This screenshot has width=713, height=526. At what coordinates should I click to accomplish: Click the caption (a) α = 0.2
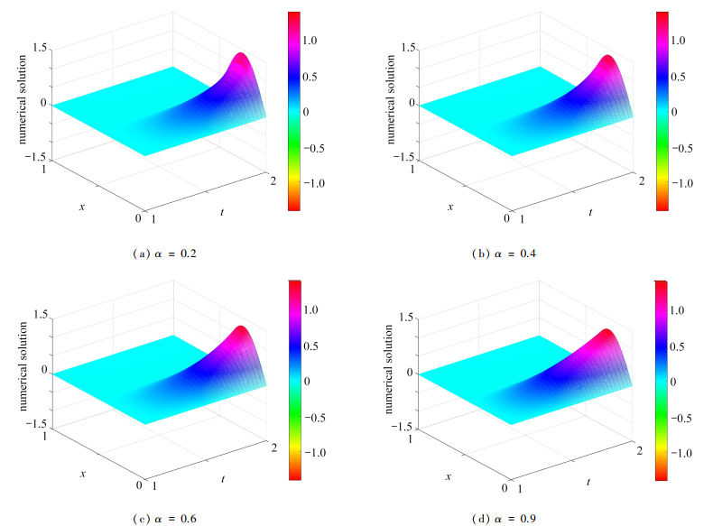[165, 254]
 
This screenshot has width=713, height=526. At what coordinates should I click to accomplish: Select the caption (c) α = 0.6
[165, 518]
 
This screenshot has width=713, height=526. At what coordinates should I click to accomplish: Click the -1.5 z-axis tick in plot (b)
[407, 159]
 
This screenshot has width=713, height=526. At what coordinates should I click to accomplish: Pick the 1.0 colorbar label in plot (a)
[313, 41]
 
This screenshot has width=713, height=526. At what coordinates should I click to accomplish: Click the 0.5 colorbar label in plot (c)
[313, 346]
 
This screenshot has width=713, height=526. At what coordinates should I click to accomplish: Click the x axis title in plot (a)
[82, 206]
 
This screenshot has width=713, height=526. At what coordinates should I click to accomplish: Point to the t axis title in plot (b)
[590, 212]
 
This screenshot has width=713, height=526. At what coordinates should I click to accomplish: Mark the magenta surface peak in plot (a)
[240, 58]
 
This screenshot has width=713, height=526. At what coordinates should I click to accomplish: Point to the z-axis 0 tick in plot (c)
[43, 372]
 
